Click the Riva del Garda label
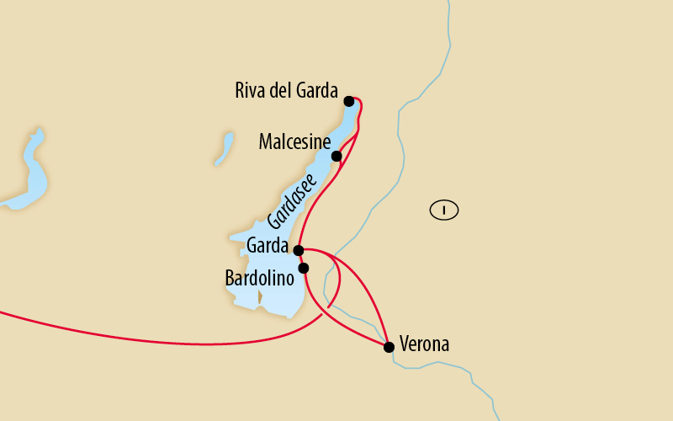click(286, 91)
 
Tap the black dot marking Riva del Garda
click(349, 101)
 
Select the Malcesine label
click(294, 142)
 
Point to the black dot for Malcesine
click(336, 156)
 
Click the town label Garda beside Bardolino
click(268, 247)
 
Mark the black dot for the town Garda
click(298, 250)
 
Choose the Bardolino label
click(259, 277)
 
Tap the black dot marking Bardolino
click(304, 269)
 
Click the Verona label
click(425, 344)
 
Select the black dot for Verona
click(389, 347)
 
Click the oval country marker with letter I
click(443, 210)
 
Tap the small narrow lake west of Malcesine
click(224, 148)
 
